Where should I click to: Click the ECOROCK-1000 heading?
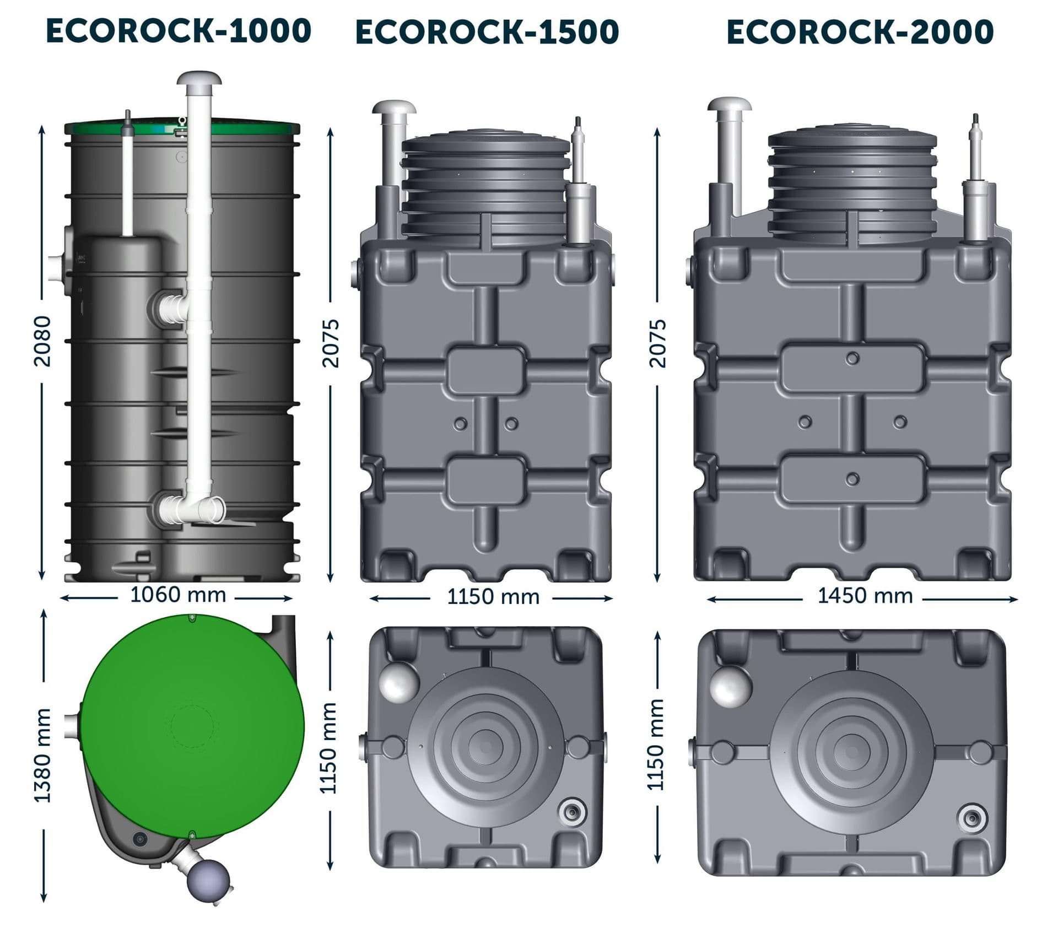tap(179, 31)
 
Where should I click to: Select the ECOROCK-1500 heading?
tap(487, 32)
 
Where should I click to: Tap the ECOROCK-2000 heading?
tap(860, 32)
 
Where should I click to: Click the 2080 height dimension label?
tap(42, 341)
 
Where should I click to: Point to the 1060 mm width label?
tap(178, 595)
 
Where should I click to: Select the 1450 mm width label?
tap(865, 596)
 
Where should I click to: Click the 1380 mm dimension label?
tap(42, 756)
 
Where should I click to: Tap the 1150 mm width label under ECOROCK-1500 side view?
tap(493, 597)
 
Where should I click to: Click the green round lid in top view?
tap(193, 727)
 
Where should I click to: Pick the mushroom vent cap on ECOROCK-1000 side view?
tap(199, 79)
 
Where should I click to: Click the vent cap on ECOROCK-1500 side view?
tap(393, 108)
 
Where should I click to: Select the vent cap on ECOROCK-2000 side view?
tap(730, 105)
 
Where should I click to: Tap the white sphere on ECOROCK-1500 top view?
tap(399, 682)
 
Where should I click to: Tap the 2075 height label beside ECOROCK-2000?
tap(657, 343)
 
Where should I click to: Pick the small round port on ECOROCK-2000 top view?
tap(972, 818)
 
